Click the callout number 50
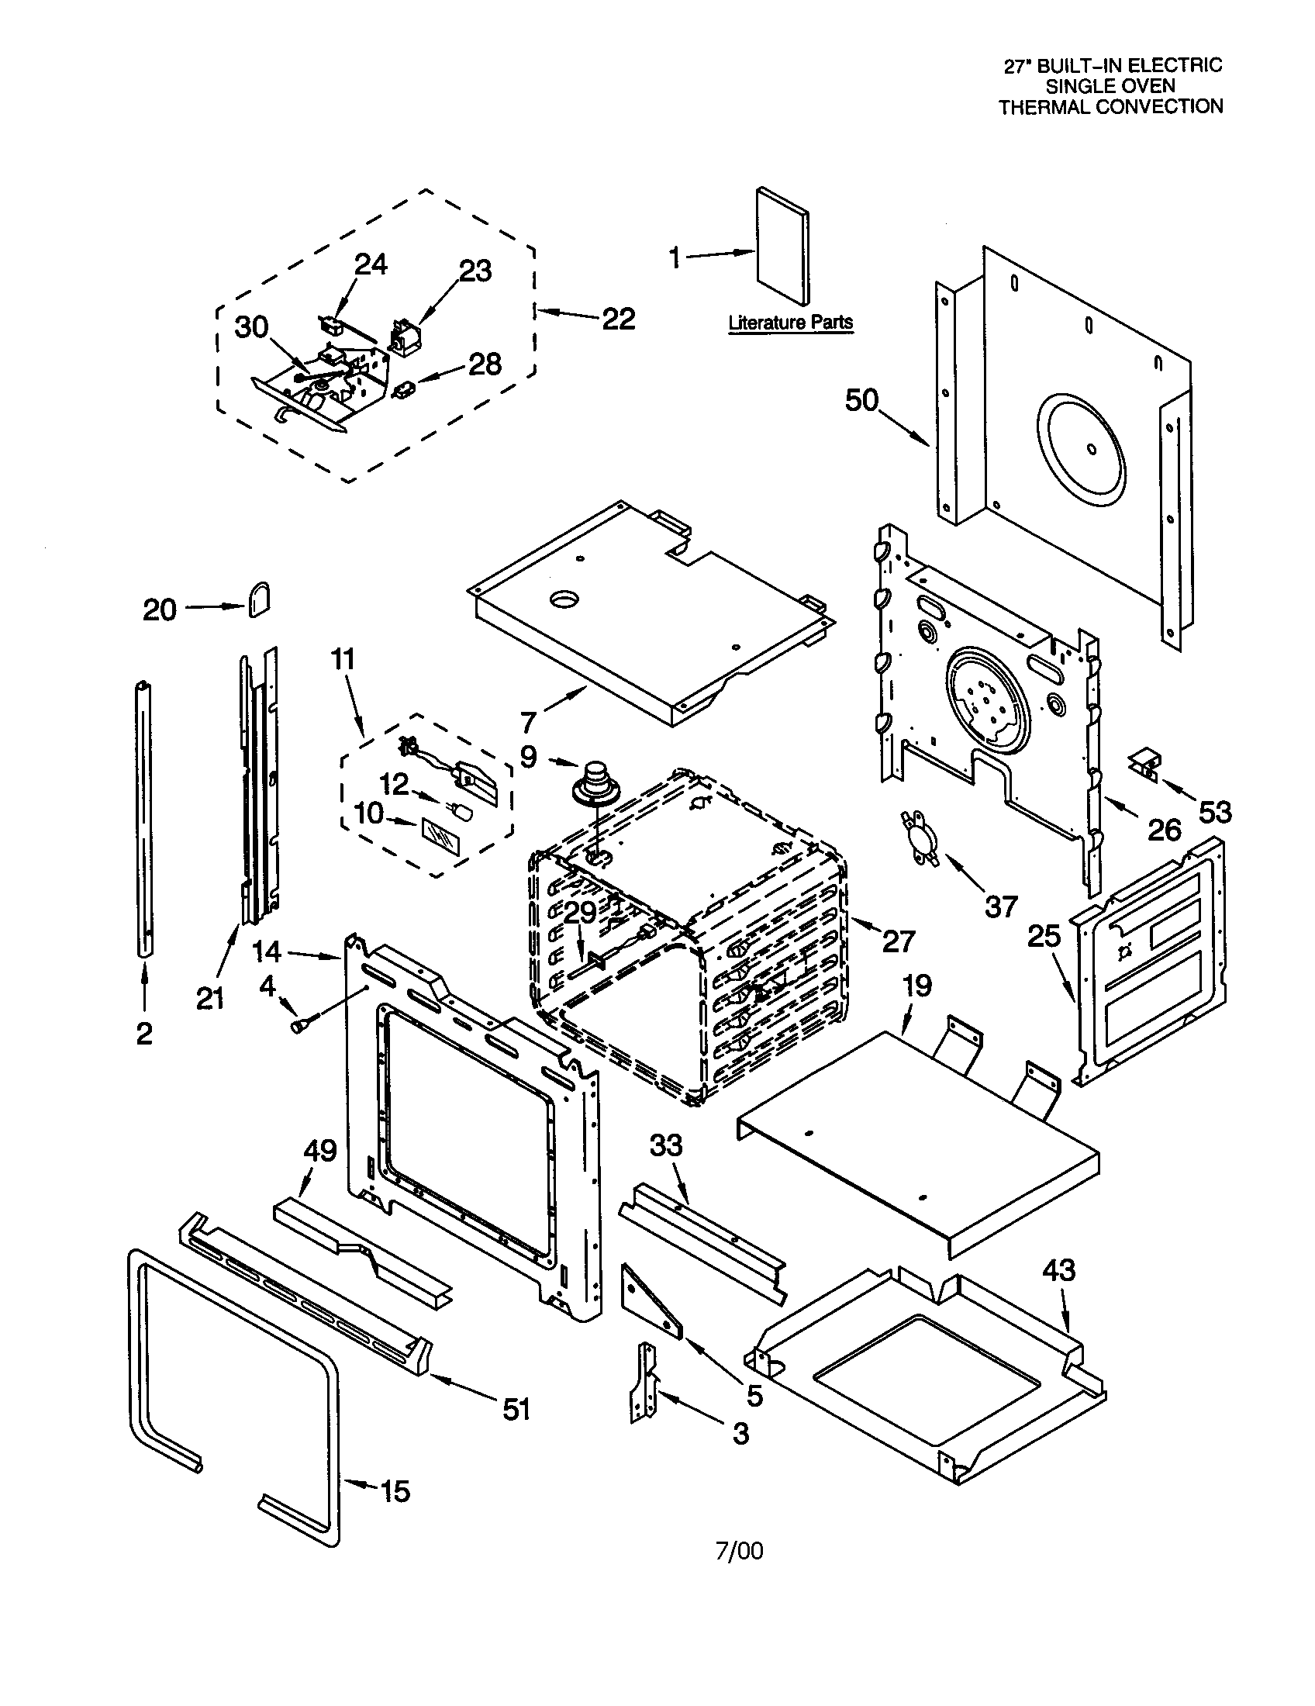pos(861,402)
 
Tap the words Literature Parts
pos(790,322)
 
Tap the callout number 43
pos(1059,1271)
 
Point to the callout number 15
pos(395,1491)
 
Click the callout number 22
pos(619,319)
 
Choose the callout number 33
pos(666,1146)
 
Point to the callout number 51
pos(516,1409)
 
